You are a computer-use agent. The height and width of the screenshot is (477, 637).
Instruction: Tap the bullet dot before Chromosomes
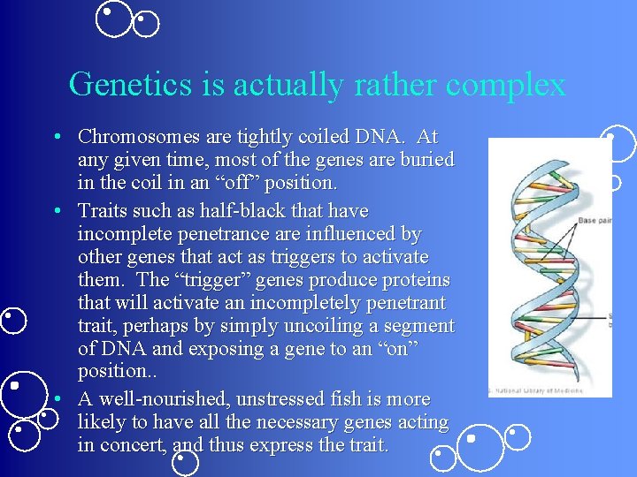point(56,138)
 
